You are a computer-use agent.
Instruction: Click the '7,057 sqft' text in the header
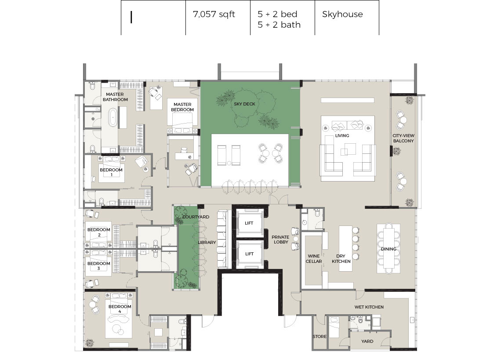click(x=214, y=15)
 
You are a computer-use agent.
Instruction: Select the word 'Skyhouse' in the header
click(x=342, y=15)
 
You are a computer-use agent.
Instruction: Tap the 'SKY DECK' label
click(x=244, y=104)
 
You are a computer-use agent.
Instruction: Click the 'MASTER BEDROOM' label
click(x=182, y=107)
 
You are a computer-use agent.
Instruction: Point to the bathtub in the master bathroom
click(x=113, y=118)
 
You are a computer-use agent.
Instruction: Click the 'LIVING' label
click(x=342, y=135)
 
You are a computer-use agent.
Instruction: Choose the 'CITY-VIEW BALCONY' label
click(x=403, y=138)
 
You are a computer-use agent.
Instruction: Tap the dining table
click(x=388, y=248)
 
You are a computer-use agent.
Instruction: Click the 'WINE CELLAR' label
click(x=314, y=258)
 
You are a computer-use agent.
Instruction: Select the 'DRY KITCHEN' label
click(x=341, y=258)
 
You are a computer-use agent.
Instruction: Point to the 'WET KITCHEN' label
click(x=369, y=307)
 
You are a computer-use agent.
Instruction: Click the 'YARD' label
click(x=367, y=341)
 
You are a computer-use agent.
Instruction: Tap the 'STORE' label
click(x=319, y=336)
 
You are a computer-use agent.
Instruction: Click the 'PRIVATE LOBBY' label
click(x=280, y=240)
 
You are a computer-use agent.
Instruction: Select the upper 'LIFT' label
click(x=249, y=223)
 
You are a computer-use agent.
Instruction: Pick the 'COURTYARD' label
click(x=196, y=217)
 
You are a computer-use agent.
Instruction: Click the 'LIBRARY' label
click(x=207, y=242)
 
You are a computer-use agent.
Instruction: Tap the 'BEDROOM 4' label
click(x=120, y=309)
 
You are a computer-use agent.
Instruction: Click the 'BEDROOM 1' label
click(x=111, y=172)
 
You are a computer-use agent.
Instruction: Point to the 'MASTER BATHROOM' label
click(x=115, y=97)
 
